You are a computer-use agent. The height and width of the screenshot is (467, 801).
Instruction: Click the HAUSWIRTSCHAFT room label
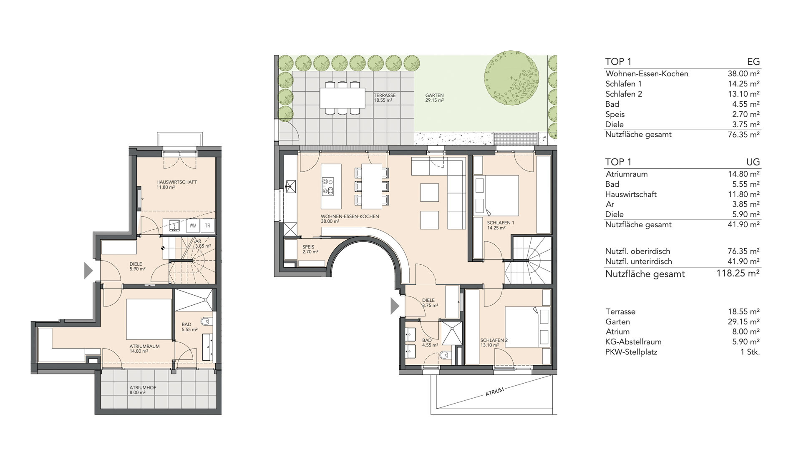(x=176, y=182)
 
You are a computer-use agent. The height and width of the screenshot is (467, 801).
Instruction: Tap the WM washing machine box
(x=193, y=226)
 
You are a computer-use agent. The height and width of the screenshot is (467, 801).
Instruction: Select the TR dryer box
(x=207, y=226)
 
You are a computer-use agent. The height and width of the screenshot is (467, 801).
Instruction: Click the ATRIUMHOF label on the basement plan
(x=143, y=387)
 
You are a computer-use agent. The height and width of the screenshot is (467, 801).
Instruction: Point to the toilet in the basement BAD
(x=206, y=322)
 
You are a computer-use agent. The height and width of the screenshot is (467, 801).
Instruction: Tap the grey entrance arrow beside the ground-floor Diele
(x=395, y=306)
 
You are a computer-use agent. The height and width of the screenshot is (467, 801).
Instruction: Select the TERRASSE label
(x=385, y=95)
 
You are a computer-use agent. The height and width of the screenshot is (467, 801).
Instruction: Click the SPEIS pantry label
(x=308, y=247)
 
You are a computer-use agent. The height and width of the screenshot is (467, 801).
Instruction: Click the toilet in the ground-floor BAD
(x=445, y=355)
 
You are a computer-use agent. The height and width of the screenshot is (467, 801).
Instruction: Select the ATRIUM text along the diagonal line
(x=495, y=392)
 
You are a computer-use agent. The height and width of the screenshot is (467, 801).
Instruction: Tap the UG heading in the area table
(x=753, y=162)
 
